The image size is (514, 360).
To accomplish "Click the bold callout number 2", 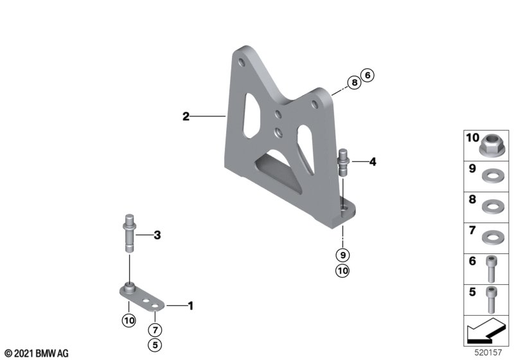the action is coord(186,116).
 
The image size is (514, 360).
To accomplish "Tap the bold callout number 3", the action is coord(157,235).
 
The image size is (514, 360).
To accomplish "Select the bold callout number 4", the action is coord(373,161).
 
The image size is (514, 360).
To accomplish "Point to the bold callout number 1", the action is coord(190,306).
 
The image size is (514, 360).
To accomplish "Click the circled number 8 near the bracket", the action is coord(354,82).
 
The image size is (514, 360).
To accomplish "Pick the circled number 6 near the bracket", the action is coord(368,75).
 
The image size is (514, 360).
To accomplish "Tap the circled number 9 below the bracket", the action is coord(342,255).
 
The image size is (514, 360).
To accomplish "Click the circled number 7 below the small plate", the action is coord(155,330).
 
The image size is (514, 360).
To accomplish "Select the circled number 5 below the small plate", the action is coord(155,345).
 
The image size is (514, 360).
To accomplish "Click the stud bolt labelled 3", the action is coord(130,233).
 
